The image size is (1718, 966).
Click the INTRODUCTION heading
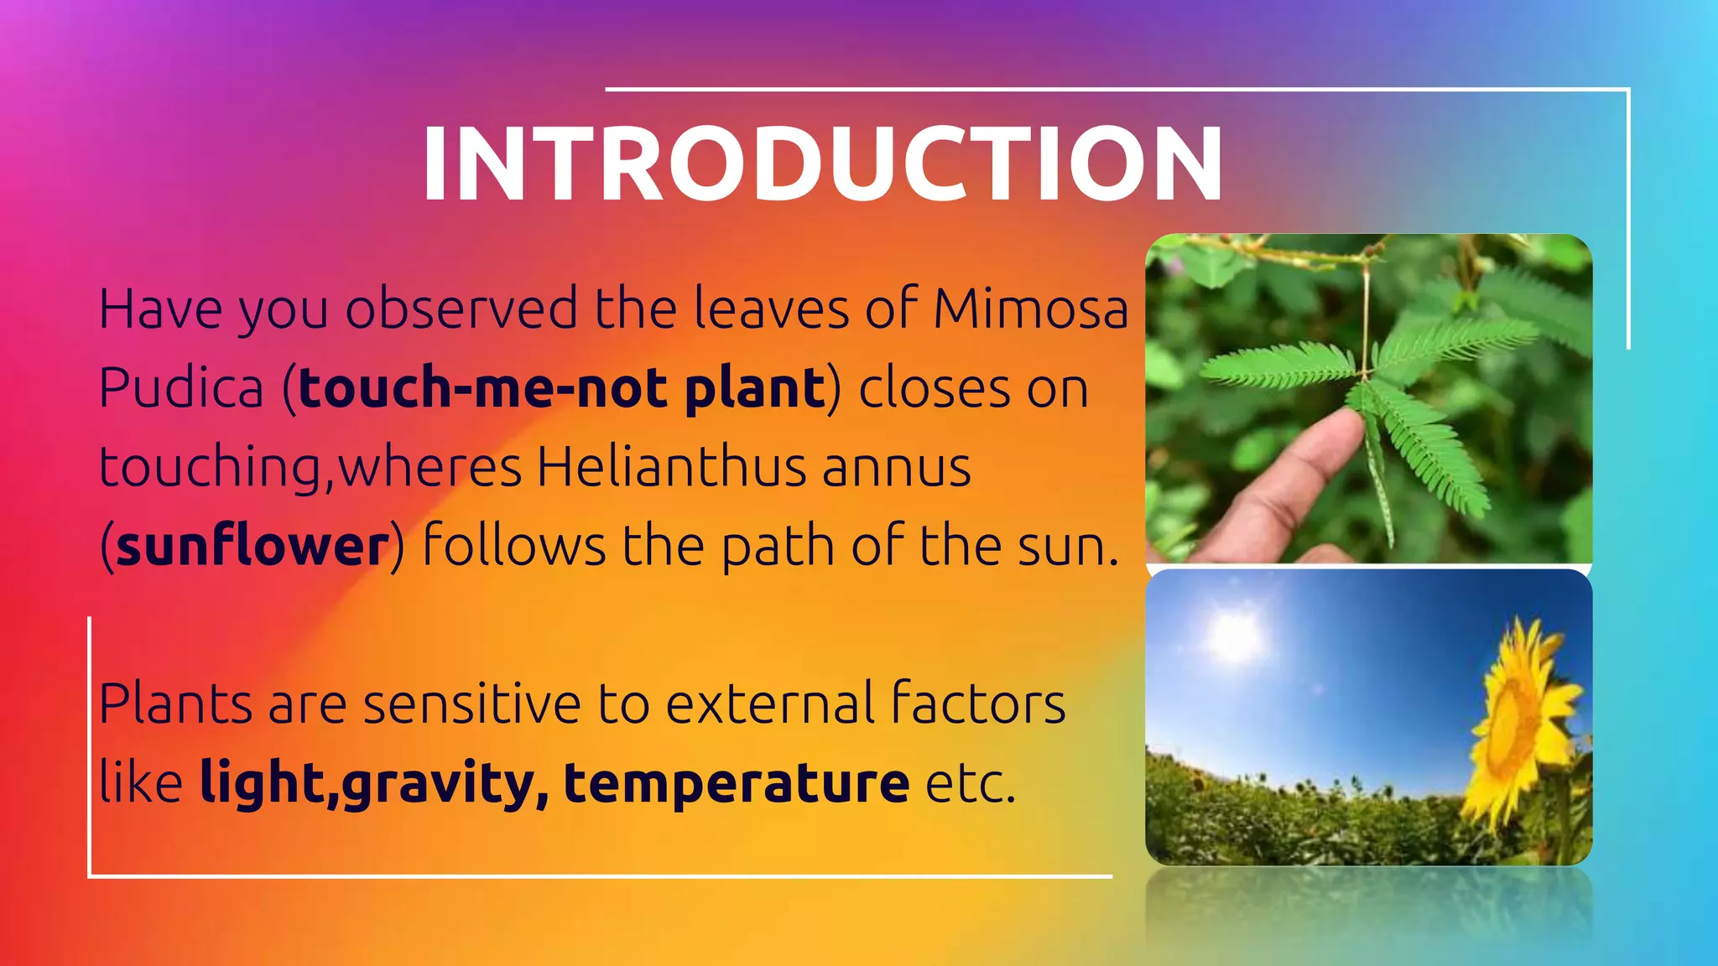tap(822, 164)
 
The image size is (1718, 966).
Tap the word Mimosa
tap(1031, 309)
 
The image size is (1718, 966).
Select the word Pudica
tap(181, 388)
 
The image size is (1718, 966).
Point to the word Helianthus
tap(671, 466)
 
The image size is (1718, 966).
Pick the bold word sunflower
tap(252, 546)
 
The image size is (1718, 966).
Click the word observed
tap(461, 309)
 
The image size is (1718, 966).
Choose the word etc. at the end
tap(970, 783)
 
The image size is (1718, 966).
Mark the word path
tap(778, 546)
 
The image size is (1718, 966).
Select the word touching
tap(211, 468)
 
